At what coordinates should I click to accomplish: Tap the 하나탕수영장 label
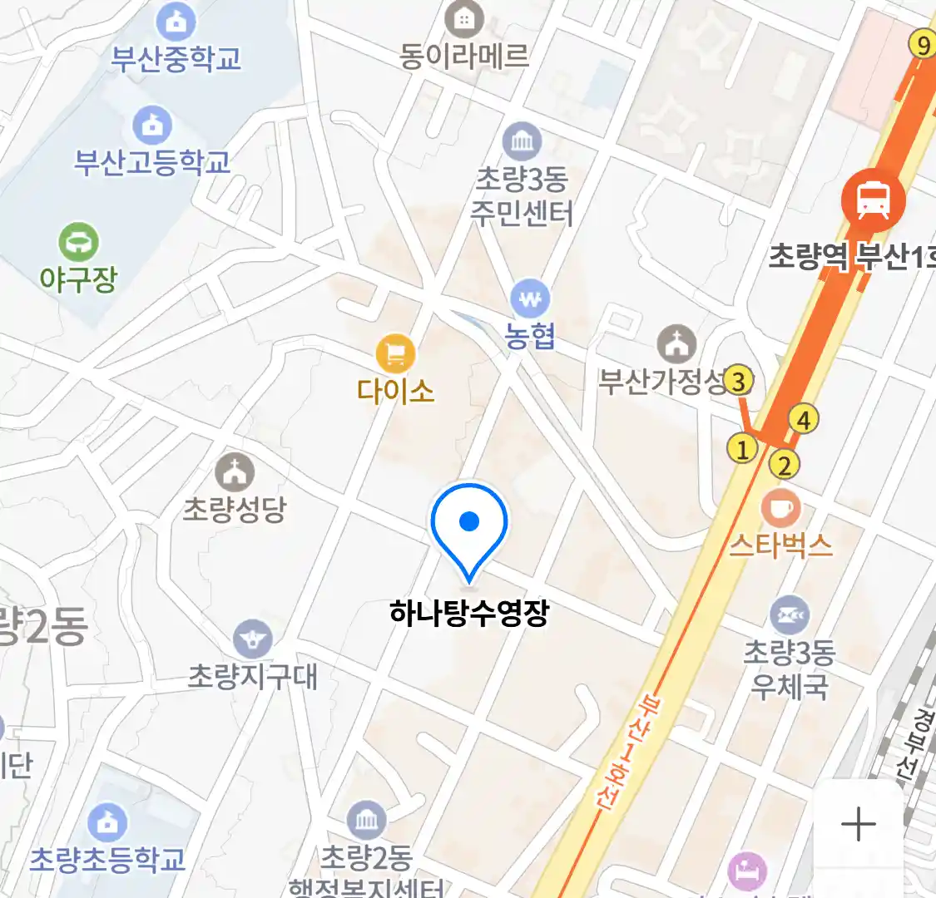(x=469, y=614)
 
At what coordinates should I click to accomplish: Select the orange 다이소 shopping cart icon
(x=395, y=354)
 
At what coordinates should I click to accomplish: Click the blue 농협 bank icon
(x=530, y=298)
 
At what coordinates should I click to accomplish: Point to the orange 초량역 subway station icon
(x=873, y=200)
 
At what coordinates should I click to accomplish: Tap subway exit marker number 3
(x=737, y=381)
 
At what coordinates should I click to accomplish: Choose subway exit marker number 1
(x=742, y=449)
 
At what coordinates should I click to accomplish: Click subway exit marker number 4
(x=803, y=419)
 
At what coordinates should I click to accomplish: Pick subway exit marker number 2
(x=784, y=465)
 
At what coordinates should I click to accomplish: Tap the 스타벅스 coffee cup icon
(x=780, y=507)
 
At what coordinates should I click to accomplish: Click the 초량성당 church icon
(x=235, y=472)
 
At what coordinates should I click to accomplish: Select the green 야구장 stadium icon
(x=78, y=242)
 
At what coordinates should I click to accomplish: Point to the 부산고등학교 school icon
(x=152, y=126)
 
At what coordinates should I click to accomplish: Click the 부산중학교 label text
(x=176, y=58)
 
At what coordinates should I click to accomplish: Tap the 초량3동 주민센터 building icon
(x=522, y=141)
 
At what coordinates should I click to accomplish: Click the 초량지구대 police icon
(x=252, y=639)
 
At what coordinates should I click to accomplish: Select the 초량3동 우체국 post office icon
(x=789, y=616)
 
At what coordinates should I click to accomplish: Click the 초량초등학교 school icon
(x=106, y=823)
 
